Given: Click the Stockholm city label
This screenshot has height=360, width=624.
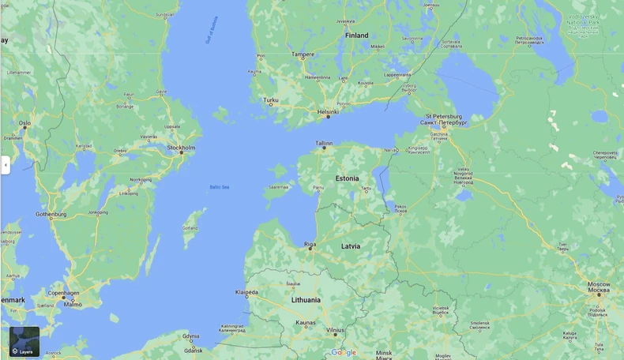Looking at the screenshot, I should point(181,148).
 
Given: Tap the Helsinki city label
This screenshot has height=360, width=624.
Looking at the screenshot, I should point(328,112).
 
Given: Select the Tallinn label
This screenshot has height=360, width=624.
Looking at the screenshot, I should point(324,144).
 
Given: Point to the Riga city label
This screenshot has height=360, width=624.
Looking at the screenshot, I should point(310,245).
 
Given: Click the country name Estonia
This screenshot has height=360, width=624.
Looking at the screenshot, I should point(347,178).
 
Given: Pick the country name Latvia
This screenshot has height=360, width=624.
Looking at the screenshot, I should point(351,246).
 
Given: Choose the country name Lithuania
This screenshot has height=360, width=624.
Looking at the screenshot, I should point(306,300).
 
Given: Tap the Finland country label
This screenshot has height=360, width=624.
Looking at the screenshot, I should point(356,36).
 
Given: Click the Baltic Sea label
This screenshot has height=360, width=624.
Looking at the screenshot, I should point(220,187).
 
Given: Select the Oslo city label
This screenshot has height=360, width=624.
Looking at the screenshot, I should point(24,123).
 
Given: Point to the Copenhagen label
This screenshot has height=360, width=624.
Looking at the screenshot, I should point(63,293).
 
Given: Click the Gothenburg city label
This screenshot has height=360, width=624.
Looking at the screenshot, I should point(51,214).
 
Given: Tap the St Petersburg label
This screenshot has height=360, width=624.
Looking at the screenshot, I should point(443,117).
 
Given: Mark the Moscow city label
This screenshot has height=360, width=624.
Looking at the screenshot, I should point(598,284).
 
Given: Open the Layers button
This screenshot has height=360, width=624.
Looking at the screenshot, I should point(24,342).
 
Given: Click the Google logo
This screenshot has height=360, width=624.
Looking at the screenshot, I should point(344,353).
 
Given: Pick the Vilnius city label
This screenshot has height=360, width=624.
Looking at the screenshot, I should point(335,330).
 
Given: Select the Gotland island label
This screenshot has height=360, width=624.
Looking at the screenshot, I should point(190,227).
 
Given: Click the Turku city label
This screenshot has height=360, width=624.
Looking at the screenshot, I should point(271,100).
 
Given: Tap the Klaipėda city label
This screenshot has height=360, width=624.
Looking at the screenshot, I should point(246,292).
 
